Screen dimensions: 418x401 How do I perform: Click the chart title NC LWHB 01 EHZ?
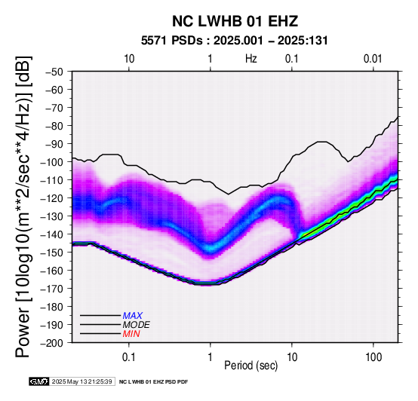[235, 21]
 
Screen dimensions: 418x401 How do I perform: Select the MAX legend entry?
[133, 316]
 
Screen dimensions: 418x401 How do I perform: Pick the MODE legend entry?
[137, 325]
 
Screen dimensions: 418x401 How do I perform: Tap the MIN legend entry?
[131, 334]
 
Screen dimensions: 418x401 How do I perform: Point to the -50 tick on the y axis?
[54, 72]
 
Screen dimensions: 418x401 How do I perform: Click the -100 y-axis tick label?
[52, 162]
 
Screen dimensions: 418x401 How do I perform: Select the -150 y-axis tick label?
[52, 253]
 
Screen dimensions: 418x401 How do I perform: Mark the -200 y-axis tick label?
[52, 343]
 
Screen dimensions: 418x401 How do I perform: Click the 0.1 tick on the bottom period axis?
[129, 357]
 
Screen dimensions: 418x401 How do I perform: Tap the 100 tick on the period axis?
[373, 357]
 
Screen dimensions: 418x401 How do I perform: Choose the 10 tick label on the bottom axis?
[292, 357]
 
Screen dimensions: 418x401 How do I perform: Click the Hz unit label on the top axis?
[250, 59]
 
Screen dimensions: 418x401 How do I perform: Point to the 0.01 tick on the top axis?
[373, 59]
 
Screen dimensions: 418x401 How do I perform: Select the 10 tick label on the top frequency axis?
[129, 59]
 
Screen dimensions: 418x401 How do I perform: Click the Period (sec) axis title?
[250, 366]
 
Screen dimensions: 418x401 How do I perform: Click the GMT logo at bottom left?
[39, 381]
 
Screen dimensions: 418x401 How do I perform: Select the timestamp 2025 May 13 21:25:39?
[81, 381]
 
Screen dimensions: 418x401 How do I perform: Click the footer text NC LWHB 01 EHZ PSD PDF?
[153, 382]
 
